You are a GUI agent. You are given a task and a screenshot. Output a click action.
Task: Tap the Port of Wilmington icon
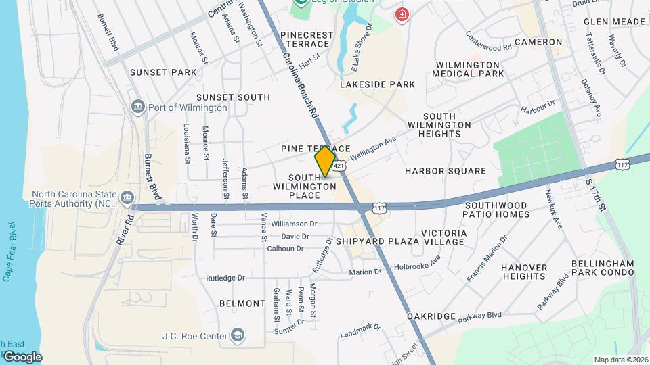(138, 107)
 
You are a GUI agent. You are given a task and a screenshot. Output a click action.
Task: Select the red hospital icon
(403, 14)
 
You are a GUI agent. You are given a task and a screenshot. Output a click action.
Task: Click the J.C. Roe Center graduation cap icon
(238, 335)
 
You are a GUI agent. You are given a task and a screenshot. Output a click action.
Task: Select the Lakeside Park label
(377, 84)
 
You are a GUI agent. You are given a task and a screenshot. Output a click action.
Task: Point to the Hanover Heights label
(524, 272)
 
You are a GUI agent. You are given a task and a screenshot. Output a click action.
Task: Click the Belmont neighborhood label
(242, 303)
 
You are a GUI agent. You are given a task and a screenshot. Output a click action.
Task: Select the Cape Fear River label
(9, 250)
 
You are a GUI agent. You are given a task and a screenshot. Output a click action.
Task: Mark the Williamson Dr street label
(294, 224)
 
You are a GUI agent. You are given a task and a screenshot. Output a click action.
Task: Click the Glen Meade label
(614, 22)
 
